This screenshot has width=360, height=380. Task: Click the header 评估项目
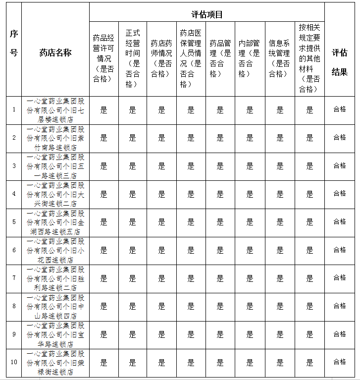click(207, 15)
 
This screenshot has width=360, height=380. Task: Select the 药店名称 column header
click(55, 53)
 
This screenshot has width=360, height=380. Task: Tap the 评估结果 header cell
click(340, 62)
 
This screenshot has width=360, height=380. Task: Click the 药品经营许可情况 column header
click(103, 57)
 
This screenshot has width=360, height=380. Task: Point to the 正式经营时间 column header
click(132, 57)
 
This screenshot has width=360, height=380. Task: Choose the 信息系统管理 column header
click(279, 58)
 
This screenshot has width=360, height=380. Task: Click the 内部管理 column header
click(249, 58)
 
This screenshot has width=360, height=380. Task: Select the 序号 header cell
click(14, 43)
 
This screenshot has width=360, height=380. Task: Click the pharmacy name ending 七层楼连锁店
click(55, 110)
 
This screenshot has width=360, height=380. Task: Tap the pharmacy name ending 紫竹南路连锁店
click(55, 138)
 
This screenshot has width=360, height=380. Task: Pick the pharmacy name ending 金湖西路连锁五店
click(55, 222)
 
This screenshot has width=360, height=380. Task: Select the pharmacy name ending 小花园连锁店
click(55, 250)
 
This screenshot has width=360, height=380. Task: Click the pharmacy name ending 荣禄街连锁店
click(55, 363)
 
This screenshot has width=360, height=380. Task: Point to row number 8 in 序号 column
click(14, 306)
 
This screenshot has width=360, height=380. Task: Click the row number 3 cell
click(14, 166)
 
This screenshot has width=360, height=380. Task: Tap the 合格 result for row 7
click(340, 278)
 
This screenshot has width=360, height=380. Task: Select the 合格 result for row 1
click(340, 109)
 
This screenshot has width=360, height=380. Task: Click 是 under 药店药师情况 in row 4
click(161, 194)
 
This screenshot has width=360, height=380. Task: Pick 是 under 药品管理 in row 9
click(220, 334)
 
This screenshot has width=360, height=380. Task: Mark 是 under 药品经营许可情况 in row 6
click(103, 250)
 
